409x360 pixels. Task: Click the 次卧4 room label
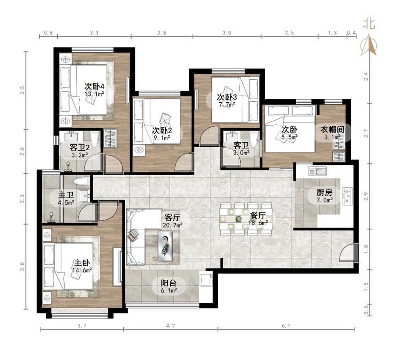(94, 87)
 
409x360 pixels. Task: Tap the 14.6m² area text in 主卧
(82, 270)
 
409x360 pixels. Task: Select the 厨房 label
(324, 193)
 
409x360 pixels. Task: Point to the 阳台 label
(168, 283)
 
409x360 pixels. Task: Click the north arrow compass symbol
(368, 46)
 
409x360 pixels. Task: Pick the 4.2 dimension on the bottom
(170, 326)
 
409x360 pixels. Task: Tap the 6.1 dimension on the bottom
(286, 326)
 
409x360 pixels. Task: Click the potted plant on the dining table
(238, 219)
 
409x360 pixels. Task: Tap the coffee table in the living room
(165, 246)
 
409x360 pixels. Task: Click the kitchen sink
(317, 171)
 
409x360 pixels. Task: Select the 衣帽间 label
(332, 130)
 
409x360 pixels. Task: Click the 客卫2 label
(80, 148)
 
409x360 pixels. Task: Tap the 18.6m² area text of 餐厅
(258, 223)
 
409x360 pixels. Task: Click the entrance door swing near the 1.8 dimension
(348, 252)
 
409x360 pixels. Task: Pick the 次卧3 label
(227, 97)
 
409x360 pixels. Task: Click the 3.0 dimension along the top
(227, 33)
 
